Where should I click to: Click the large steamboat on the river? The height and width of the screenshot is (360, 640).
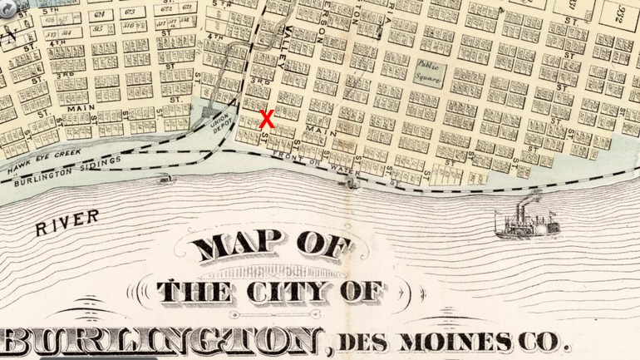point(527,221)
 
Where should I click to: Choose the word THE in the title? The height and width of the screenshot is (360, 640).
point(196,291)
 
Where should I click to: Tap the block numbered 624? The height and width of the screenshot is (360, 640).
point(101,15)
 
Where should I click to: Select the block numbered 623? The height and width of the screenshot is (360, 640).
point(129,13)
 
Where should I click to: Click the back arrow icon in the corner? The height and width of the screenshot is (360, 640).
point(7,6)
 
